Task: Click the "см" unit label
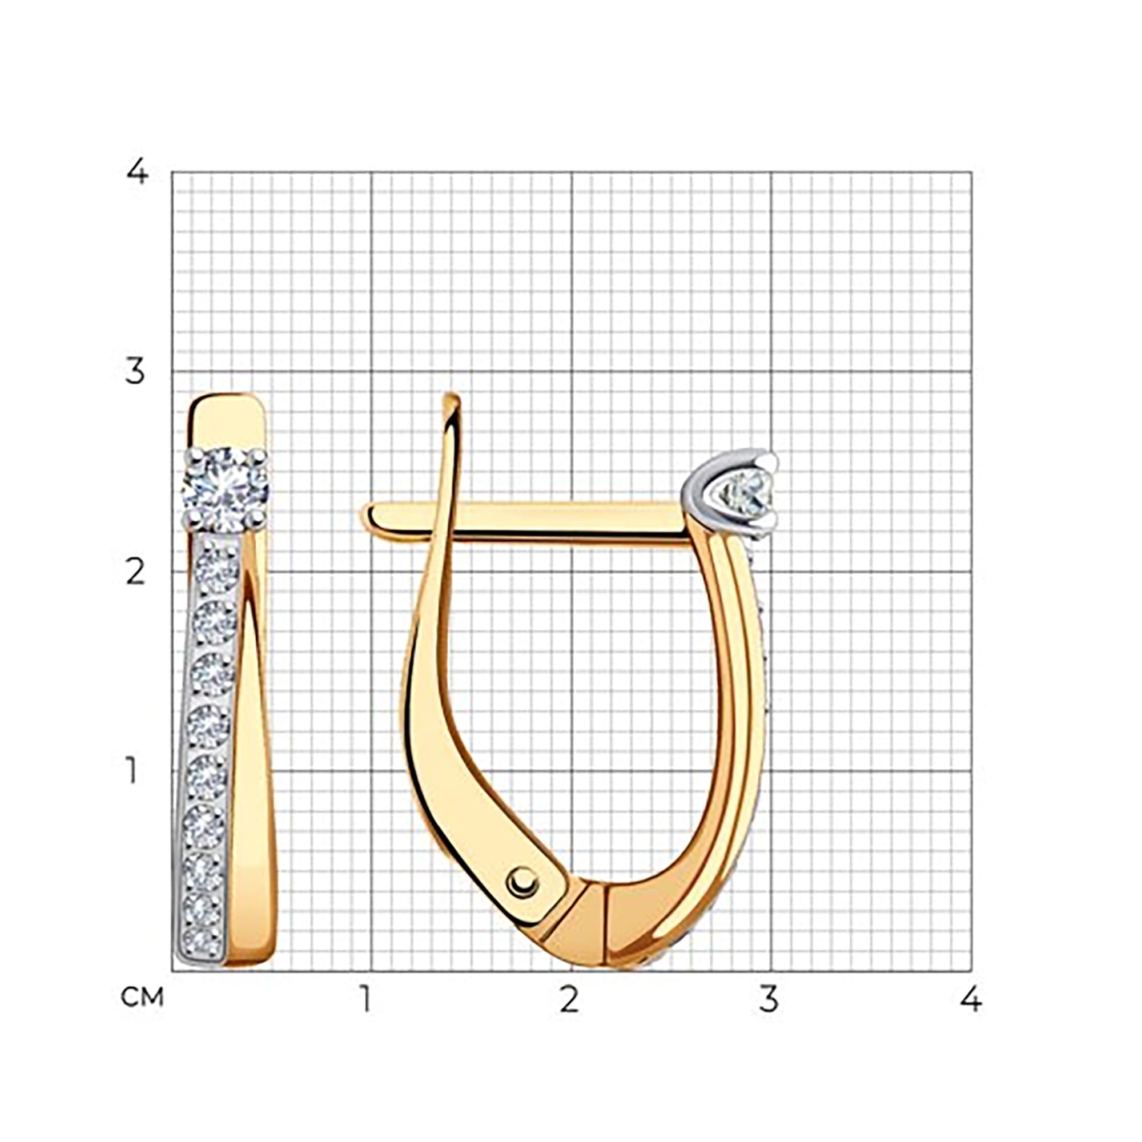pos(142,997)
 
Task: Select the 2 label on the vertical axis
pos(135,572)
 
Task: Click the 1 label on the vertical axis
pos(132,771)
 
